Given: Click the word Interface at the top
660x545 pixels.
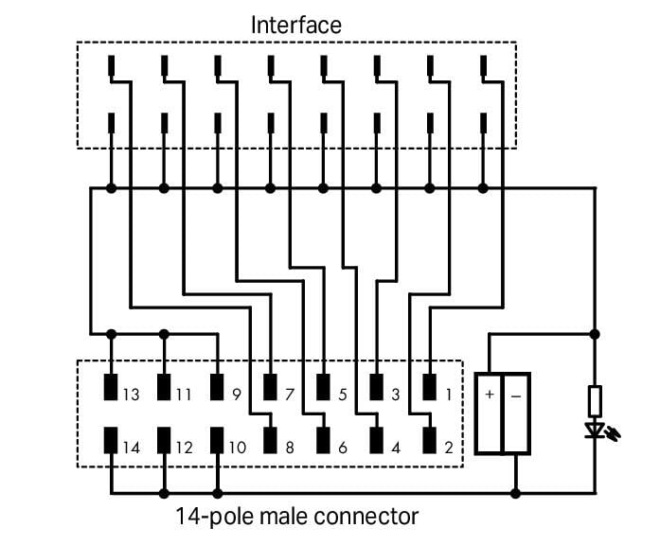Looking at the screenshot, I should tap(295, 25).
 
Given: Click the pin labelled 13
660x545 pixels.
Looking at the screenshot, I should tap(112, 388).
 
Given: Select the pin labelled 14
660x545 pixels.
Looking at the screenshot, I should tap(112, 441).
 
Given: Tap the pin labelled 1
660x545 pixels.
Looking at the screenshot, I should tap(429, 388).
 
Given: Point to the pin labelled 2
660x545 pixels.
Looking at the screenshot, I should tap(429, 441).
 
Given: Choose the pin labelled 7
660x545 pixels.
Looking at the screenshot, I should tap(271, 388).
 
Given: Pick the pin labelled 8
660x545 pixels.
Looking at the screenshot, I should tap(271, 441).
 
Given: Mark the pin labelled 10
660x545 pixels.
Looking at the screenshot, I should tap(218, 441).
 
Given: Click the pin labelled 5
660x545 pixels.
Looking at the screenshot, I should tap(324, 388).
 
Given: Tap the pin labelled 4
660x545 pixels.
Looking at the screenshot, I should tap(377, 441).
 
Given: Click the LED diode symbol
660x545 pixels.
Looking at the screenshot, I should tap(596, 431).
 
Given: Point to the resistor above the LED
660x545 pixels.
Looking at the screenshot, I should tap(596, 401).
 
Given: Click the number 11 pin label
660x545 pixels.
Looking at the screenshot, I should tap(184, 395).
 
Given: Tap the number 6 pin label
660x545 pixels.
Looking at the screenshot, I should tap(342, 448).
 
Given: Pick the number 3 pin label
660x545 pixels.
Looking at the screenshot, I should tap(395, 395).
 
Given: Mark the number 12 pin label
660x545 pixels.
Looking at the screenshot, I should tap(184, 448).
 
